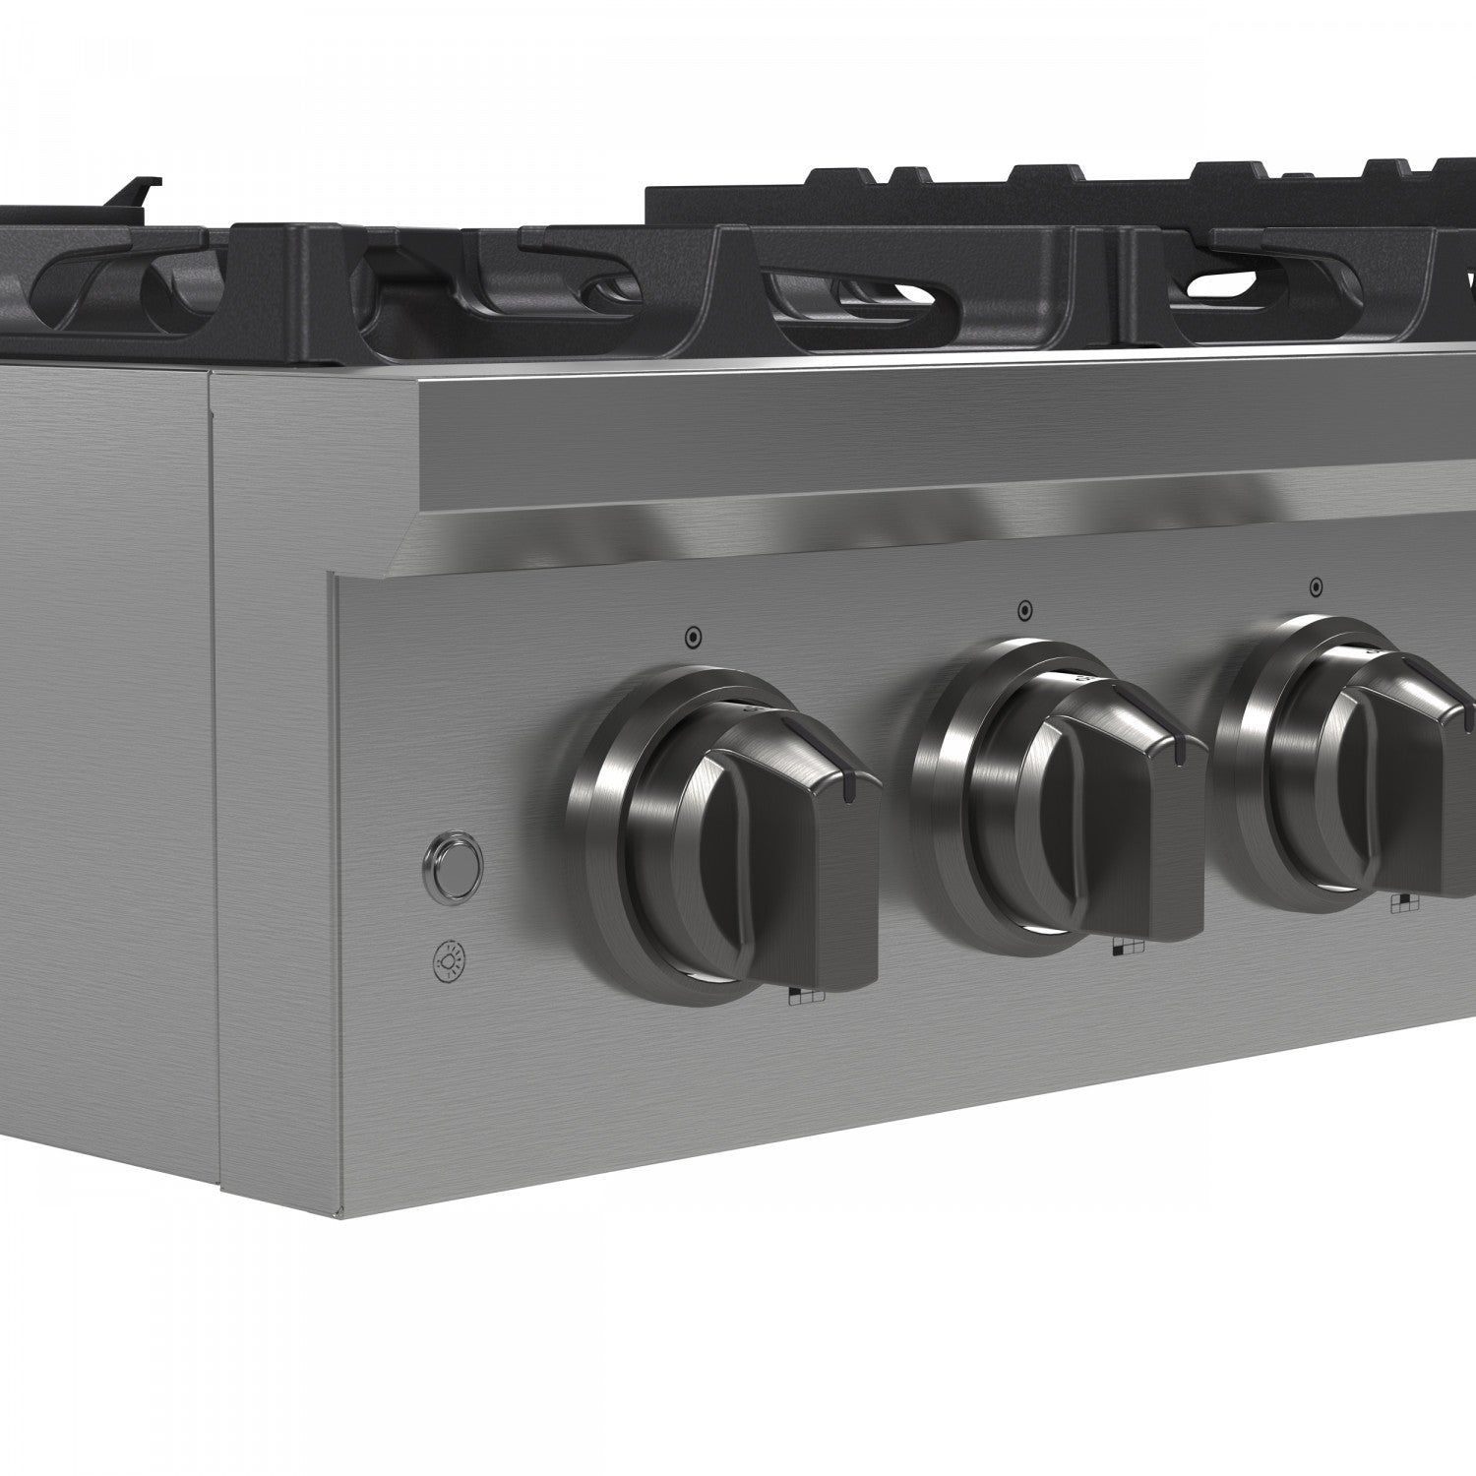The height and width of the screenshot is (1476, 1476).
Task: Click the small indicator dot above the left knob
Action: [693, 638]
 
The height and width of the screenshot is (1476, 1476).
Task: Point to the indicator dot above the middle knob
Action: [1024, 611]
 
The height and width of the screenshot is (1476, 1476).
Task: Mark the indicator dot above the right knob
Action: [1316, 587]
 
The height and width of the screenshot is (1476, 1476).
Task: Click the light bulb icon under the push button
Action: [450, 959]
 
